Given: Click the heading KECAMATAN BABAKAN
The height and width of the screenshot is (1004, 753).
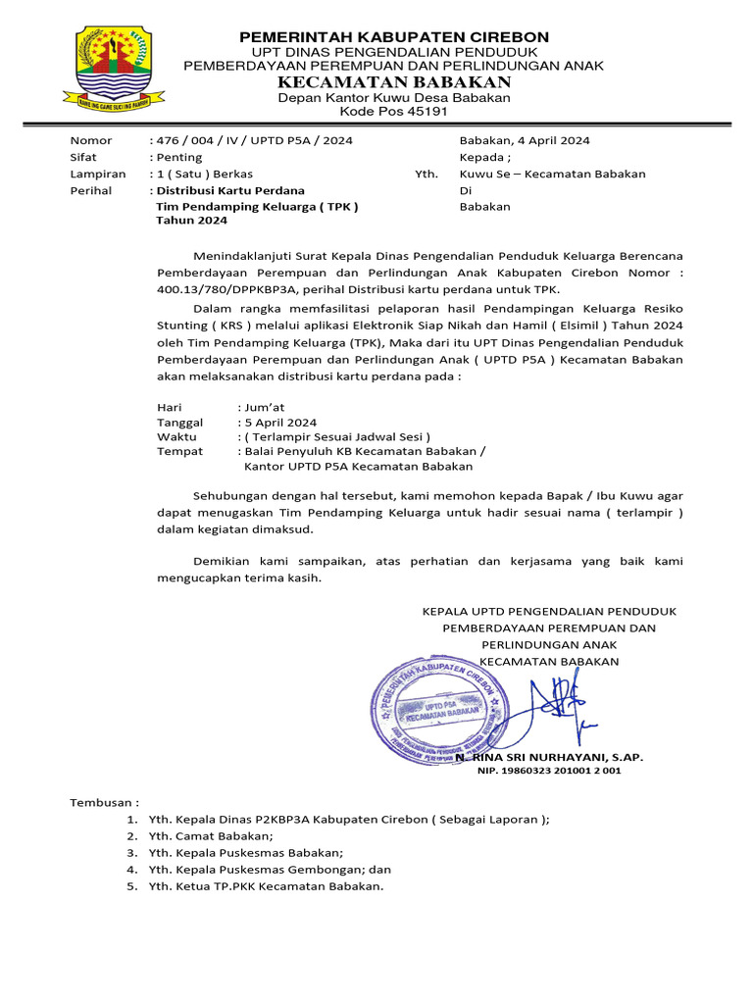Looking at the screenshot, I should (394, 81).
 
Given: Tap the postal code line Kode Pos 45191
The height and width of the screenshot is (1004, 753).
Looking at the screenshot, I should (394, 112).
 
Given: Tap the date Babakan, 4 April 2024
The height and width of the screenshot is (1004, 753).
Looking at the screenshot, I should (525, 140).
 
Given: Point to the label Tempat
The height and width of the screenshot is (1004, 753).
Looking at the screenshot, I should (179, 451).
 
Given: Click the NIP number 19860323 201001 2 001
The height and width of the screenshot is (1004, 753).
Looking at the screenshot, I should (549, 772).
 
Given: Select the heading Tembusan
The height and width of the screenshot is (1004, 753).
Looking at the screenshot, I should (105, 802).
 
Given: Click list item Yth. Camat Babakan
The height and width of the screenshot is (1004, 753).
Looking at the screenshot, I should (211, 836).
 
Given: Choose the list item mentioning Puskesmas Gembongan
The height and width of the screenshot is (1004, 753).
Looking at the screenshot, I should (270, 870).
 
